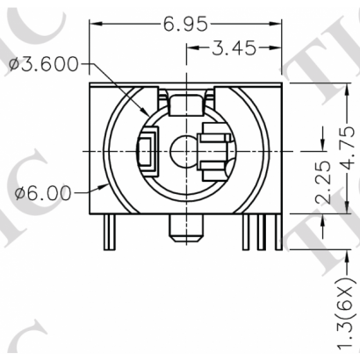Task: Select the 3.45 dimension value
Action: point(233,48)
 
